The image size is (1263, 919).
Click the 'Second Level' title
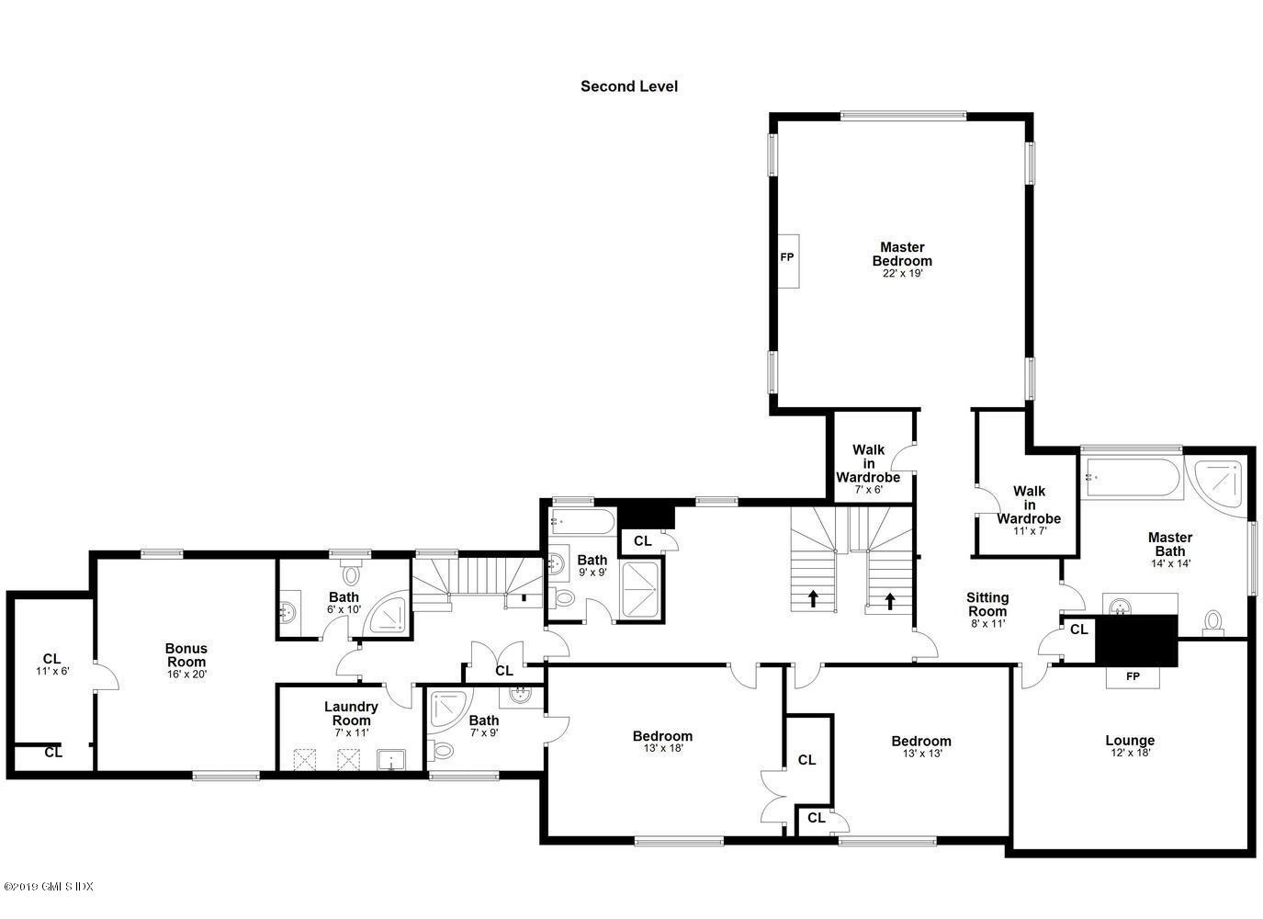coord(629,86)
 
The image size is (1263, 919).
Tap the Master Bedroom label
coord(901,254)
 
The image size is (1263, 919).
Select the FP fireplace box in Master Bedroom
coord(786,257)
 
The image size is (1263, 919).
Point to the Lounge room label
coord(1129,740)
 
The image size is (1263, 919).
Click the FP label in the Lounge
coord(1133,676)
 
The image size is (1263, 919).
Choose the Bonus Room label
coord(186,654)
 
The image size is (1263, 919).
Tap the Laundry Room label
coord(350,713)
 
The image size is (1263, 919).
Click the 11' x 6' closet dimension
coord(51,671)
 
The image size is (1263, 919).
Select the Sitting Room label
coord(987,604)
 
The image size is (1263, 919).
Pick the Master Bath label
coord(1169,544)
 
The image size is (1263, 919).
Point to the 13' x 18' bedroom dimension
coord(662,748)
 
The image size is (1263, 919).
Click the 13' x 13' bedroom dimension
coord(920,754)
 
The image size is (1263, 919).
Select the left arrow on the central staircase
coord(813,599)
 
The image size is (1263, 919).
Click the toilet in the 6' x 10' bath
coord(350,575)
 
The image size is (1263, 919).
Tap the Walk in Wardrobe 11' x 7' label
coord(1028,505)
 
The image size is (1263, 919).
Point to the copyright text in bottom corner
coord(49,887)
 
